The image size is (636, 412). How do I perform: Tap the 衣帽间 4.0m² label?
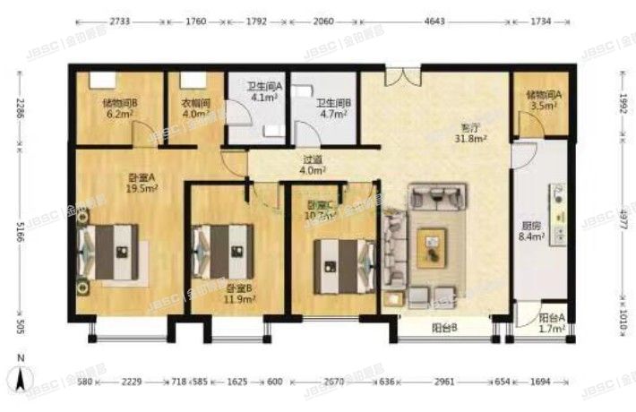195,108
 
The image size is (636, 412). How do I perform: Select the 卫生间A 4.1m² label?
265,93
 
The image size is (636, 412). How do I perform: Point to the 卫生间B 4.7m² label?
332,108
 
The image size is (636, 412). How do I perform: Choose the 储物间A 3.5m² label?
543,99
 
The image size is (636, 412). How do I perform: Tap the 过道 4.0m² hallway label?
313,165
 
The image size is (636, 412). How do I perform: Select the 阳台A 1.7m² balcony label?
546,323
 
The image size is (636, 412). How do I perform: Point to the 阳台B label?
444,329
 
